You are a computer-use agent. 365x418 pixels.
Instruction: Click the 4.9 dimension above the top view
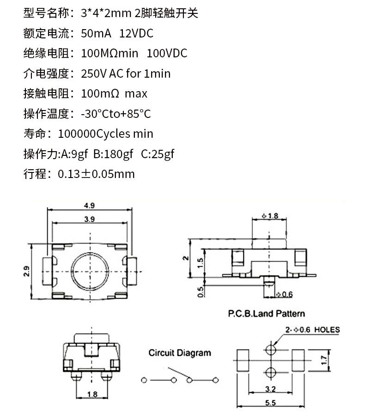[x=89, y=206]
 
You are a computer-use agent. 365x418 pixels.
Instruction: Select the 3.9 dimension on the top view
[x=90, y=219]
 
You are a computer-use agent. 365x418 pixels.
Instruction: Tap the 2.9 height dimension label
[x=26, y=271]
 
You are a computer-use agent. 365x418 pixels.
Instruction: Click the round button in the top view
[x=90, y=271]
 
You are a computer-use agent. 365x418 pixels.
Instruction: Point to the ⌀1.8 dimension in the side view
[x=270, y=215]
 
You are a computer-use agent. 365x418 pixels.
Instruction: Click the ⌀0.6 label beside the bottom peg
[x=284, y=294]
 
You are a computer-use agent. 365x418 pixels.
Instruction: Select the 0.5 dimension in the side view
[x=201, y=292]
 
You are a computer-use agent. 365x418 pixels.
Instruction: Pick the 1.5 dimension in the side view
[x=201, y=263]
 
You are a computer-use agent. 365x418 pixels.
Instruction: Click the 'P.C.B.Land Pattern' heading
[x=267, y=313]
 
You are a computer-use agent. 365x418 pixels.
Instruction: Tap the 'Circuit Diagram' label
[x=180, y=353]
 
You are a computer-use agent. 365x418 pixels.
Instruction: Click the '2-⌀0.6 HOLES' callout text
[x=313, y=330]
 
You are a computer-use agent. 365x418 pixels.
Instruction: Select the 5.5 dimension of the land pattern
[x=270, y=403]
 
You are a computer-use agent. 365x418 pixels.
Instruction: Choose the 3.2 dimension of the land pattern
[x=270, y=389]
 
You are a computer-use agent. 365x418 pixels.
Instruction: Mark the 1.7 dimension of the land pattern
[x=324, y=360]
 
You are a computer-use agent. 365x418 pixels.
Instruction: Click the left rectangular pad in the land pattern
[x=243, y=360]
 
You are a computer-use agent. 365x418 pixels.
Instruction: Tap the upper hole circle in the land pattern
[x=271, y=350]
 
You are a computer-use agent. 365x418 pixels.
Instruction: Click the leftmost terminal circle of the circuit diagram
[x=144, y=380]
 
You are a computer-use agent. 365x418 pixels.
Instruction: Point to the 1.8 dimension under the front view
[x=92, y=394]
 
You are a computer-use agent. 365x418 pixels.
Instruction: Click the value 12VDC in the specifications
[x=136, y=33]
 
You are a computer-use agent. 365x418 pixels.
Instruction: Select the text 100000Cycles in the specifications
[x=94, y=134]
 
